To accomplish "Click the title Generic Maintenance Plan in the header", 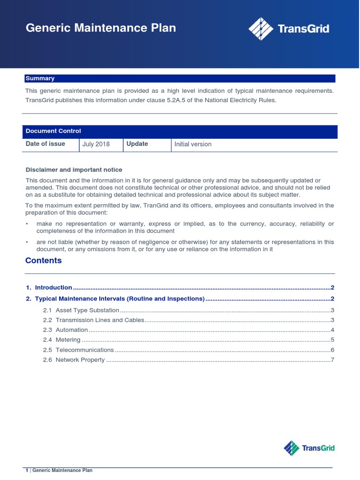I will pyautogui.click(x=101, y=28).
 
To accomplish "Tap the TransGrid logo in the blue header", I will pyautogui.click(x=288, y=29).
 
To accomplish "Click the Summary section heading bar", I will pyautogui.click(x=180, y=79).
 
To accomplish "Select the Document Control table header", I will pyautogui.click(x=180, y=131).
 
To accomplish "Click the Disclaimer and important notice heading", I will pyautogui.click(x=74, y=170).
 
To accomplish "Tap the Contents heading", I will pyautogui.click(x=44, y=261).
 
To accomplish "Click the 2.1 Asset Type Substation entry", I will pyautogui.click(x=87, y=310).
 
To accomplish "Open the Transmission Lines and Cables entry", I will pyautogui.click(x=98, y=320).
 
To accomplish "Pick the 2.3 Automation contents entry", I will pyautogui.click(x=72, y=330).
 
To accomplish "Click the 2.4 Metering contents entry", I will pyautogui.click(x=68, y=340).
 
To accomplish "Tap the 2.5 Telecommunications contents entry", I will pyautogui.click(x=84, y=350).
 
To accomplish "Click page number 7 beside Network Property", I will pyautogui.click(x=332, y=360).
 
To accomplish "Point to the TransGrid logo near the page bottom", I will pyautogui.click(x=309, y=448).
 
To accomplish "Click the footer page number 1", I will pyautogui.click(x=27, y=470).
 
